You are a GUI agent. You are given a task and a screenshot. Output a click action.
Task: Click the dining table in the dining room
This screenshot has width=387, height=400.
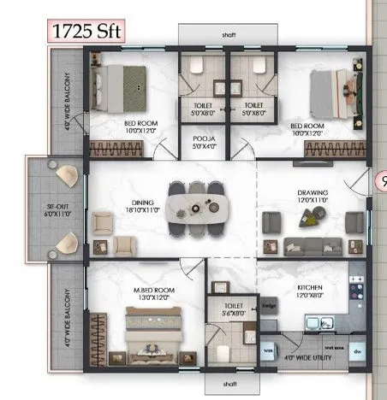(x=199, y=207)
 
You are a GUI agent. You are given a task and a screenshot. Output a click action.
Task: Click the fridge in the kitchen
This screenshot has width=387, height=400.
(x=268, y=309)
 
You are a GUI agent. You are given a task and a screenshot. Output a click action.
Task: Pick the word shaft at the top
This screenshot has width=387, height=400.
(x=229, y=35)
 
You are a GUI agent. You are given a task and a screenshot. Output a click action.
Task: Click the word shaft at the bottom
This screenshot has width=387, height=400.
(x=229, y=384)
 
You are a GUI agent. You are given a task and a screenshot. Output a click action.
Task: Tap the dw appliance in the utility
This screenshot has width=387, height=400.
(x=356, y=350)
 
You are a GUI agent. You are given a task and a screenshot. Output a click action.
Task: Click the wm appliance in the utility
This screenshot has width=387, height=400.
(x=268, y=350)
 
